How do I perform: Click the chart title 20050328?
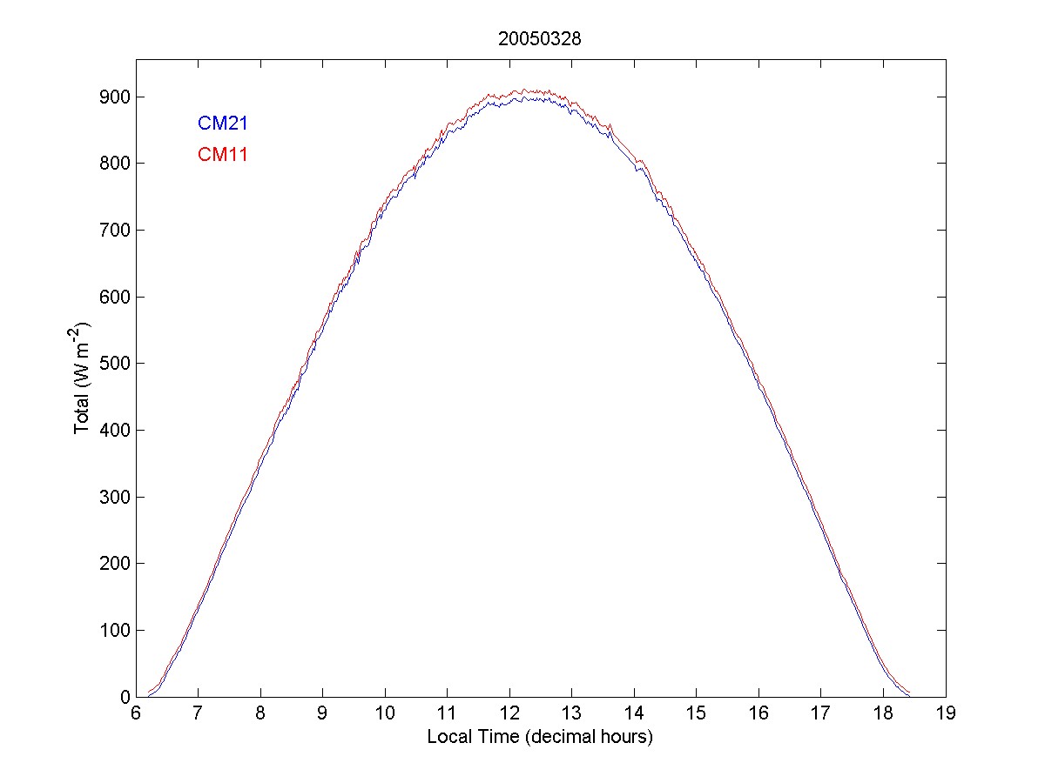tap(540, 39)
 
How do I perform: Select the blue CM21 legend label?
tap(223, 124)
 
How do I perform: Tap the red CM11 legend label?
tap(223, 156)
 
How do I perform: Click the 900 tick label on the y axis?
tap(114, 97)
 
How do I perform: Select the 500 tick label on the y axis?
tap(114, 364)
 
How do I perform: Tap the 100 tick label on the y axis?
tap(114, 631)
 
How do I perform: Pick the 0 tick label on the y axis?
tap(124, 697)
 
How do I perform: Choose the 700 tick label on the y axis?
tap(114, 231)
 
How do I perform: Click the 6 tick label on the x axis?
tap(136, 713)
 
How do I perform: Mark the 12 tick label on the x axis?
tap(509, 713)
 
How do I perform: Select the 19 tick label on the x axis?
tap(946, 713)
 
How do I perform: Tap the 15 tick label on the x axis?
tap(697, 713)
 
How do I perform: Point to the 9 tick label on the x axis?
tap(323, 713)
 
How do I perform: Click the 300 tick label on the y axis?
tap(114, 497)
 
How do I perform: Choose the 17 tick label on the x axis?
tap(821, 713)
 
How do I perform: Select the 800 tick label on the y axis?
tap(114, 164)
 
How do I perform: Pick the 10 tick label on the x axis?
tap(385, 713)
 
